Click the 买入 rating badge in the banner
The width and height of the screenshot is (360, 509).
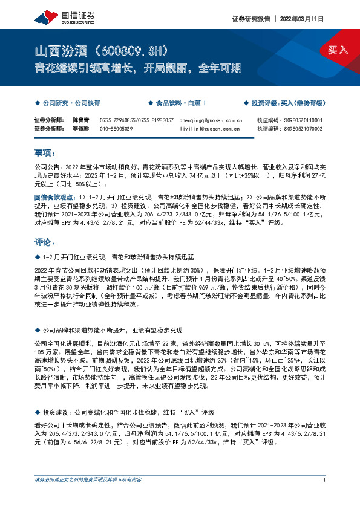point(338,50)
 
